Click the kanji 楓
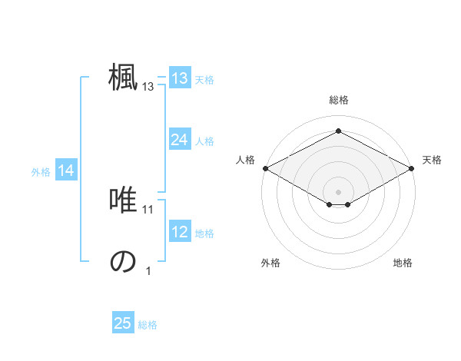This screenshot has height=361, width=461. [x=123, y=77]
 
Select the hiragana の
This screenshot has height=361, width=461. [x=123, y=261]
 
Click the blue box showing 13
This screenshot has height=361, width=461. [x=179, y=78]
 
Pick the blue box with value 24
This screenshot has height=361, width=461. [x=179, y=140]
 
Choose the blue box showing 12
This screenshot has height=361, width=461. [x=179, y=232]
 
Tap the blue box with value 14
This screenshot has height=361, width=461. [x=66, y=171]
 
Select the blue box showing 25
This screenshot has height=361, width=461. [x=123, y=323]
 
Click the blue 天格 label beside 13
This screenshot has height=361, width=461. [x=204, y=79]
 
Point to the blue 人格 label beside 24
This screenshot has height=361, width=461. [x=204, y=141]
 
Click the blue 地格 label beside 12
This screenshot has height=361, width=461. [x=204, y=233]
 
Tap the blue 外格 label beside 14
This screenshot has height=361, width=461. [x=41, y=172]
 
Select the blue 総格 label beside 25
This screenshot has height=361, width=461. [x=148, y=324]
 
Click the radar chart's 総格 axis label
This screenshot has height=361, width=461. [x=338, y=100]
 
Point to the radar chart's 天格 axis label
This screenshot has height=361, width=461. [x=432, y=160]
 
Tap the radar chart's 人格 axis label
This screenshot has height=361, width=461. [x=245, y=160]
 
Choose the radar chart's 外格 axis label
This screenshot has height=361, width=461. [x=270, y=263]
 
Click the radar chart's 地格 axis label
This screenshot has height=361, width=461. [x=403, y=263]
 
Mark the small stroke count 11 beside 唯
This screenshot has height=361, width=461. [x=148, y=209]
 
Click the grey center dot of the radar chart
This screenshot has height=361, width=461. [x=338, y=190]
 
